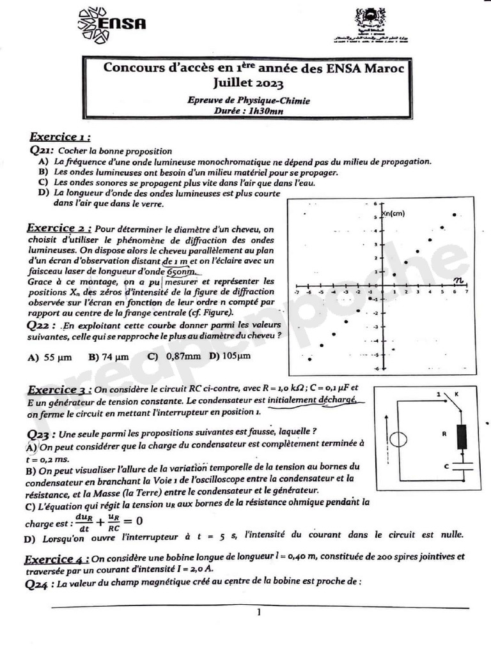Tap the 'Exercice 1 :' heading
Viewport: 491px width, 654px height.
59,137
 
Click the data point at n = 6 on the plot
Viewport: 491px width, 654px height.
455,215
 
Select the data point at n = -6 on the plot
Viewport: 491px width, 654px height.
309,359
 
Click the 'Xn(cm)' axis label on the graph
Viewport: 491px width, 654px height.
393,213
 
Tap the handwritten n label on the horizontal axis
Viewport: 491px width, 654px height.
458,279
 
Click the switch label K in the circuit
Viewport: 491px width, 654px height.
456,395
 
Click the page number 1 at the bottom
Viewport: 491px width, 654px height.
258,612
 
